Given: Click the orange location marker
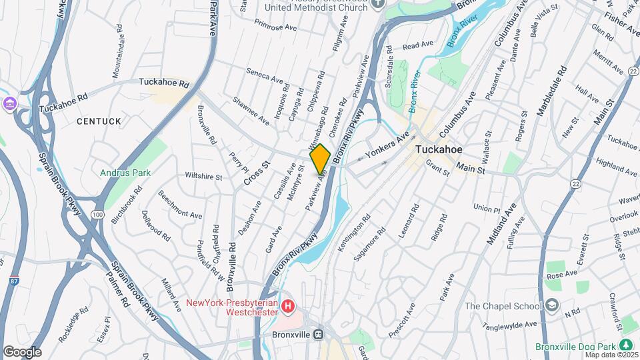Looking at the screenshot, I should (x=320, y=159).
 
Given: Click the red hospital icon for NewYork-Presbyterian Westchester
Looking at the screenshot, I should (x=288, y=307).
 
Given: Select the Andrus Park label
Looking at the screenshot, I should (x=125, y=173).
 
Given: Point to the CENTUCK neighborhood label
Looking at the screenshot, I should (x=99, y=121).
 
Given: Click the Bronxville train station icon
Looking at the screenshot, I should (x=319, y=334).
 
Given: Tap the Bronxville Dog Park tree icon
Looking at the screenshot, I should (x=625, y=344).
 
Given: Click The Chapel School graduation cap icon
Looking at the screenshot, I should (x=551, y=306).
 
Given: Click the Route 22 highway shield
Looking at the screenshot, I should (x=575, y=183).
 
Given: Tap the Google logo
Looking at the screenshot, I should (x=22, y=352).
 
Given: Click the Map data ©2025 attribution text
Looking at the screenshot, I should (x=610, y=355).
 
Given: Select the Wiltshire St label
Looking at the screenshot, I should (x=203, y=177).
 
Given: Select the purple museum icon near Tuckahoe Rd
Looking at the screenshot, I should (x=9, y=103).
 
